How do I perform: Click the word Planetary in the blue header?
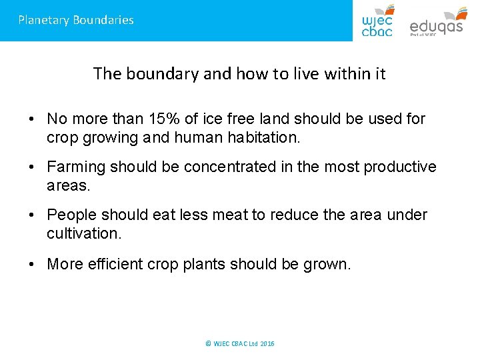coord(43,20)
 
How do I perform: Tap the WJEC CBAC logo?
coord(377,20)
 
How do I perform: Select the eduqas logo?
coord(436,21)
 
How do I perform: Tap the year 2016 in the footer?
coord(267,343)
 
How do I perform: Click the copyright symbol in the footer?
coord(208,343)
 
